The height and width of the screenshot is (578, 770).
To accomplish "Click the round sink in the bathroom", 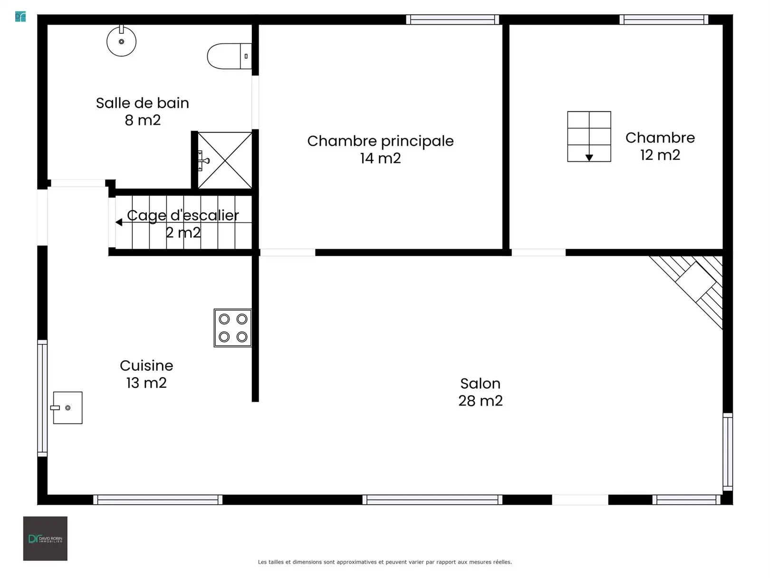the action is [x=121, y=41].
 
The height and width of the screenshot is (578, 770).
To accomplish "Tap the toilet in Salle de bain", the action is [x=230, y=56].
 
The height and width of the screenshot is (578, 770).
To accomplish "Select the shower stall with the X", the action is [x=224, y=160].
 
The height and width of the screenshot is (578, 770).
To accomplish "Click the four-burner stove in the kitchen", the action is [x=232, y=328].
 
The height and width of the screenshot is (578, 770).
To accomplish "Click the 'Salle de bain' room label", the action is [x=143, y=103].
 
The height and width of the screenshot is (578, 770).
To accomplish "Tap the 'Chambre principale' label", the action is [x=380, y=141].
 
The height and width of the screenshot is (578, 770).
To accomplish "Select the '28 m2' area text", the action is [x=480, y=401].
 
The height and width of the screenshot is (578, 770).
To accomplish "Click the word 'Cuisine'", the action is [x=146, y=366].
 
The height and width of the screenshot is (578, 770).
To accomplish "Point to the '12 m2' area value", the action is [x=660, y=155].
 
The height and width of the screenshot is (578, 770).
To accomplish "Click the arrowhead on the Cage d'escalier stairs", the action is [x=119, y=222].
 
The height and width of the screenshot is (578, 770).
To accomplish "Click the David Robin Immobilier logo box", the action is [x=45, y=539].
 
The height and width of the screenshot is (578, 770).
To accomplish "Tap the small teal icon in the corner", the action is [x=20, y=17].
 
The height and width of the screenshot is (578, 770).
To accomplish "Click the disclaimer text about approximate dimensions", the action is [x=385, y=562].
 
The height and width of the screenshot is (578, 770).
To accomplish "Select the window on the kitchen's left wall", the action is [x=42, y=398].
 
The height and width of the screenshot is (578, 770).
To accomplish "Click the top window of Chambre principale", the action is [x=452, y=20].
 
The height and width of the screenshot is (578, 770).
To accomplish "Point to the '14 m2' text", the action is [x=380, y=158].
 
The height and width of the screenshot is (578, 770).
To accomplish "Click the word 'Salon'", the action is [x=480, y=383].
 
